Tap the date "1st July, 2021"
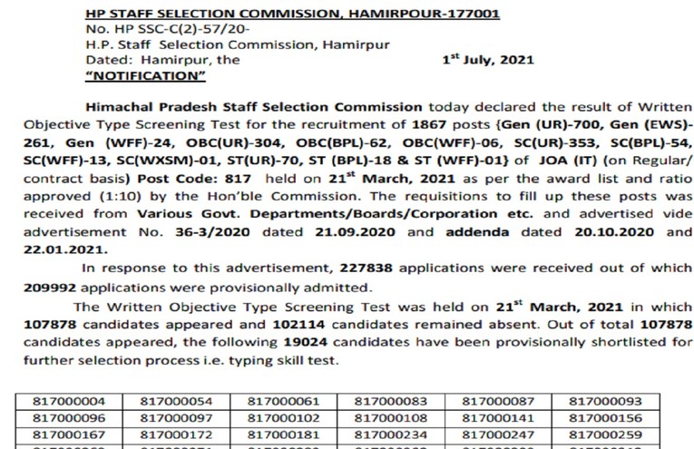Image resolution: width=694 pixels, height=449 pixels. coord(488,60)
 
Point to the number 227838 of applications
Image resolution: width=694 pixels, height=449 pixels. coord(369,268)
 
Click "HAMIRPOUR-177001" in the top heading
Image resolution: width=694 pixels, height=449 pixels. coord(402,15)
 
